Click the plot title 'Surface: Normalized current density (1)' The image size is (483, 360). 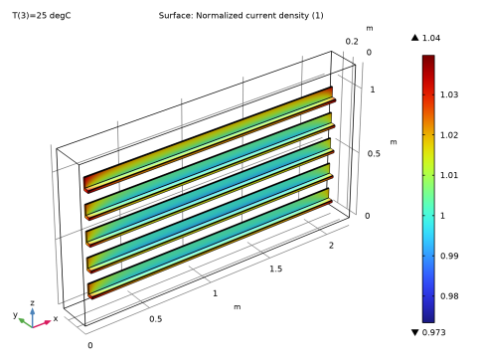[x=241, y=16]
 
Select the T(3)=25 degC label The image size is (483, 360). [x=42, y=16]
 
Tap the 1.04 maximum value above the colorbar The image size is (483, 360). [x=431, y=38]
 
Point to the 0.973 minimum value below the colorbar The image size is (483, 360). [x=433, y=332]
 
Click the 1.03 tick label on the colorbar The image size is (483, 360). [x=449, y=94]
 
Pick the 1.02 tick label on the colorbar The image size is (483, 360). [x=449, y=135]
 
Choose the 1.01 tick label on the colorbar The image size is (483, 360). [x=449, y=175]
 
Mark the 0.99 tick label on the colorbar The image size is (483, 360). [x=449, y=256]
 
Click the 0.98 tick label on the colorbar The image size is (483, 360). [x=449, y=296]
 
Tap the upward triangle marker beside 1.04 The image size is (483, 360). [x=415, y=38]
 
